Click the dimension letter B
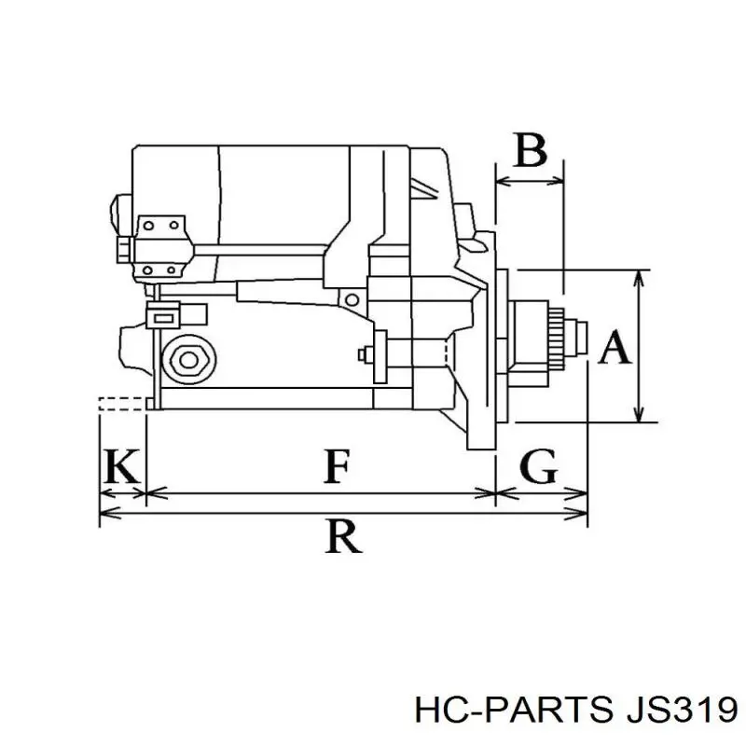pyautogui.click(x=530, y=151)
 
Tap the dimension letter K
pyautogui.click(x=122, y=465)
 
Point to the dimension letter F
pyautogui.click(x=337, y=465)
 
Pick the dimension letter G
pyautogui.click(x=538, y=465)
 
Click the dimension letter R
pyautogui.click(x=343, y=536)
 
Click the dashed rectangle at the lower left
pyautogui.click(x=122, y=403)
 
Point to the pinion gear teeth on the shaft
pyautogui.click(x=559, y=337)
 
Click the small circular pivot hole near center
pyautogui.click(x=352, y=299)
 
